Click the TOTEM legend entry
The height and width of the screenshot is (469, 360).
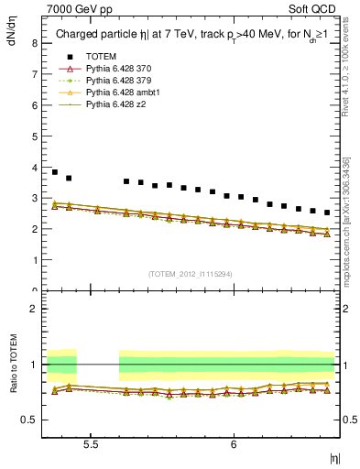coord(101,58)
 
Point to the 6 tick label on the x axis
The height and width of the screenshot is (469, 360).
coord(234,443)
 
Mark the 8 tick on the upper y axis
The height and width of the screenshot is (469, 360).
coord(34,43)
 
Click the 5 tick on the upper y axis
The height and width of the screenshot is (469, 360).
coord(34,136)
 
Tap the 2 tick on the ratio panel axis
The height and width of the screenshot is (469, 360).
coord(34,310)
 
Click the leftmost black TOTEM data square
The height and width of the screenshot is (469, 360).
coord(55,172)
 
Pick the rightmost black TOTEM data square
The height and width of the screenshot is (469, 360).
coord(327,213)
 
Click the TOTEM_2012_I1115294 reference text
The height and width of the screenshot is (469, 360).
coord(190,274)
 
